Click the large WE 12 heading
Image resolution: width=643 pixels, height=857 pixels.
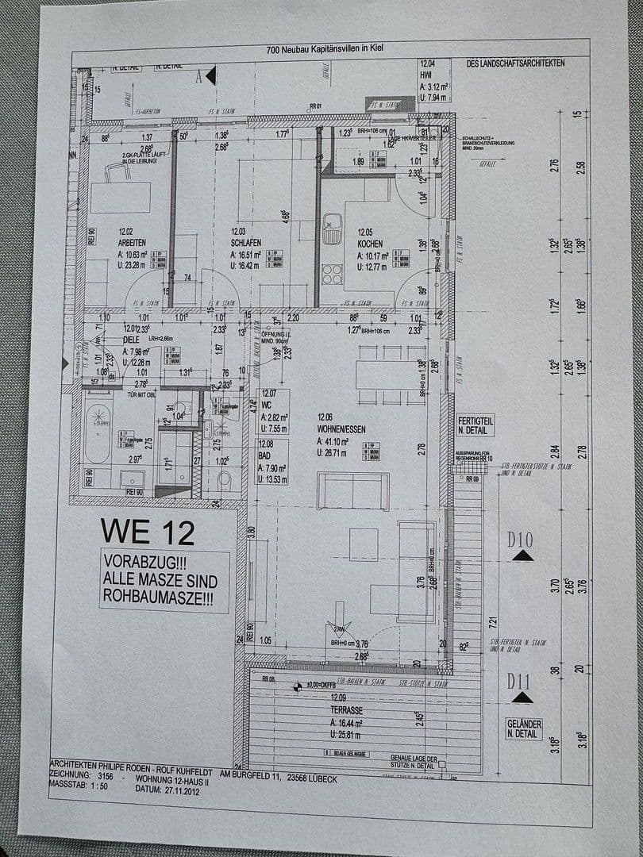[147, 532]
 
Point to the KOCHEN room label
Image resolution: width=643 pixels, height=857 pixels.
[372, 243]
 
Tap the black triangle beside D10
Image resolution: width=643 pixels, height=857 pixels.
[522, 556]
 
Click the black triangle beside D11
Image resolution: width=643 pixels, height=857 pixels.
[522, 698]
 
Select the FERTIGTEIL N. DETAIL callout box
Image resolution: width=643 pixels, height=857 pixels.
[476, 425]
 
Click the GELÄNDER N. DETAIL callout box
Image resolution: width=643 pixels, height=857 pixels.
[524, 729]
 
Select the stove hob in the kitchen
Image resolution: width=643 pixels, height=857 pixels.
[332, 274]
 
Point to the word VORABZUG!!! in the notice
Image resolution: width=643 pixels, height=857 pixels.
[139, 560]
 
